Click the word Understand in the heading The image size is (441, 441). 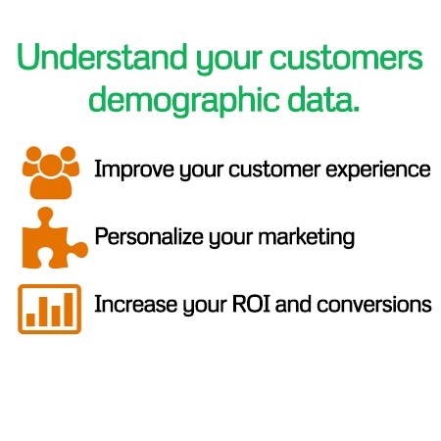click(x=102, y=57)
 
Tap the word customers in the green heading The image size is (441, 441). click(x=346, y=59)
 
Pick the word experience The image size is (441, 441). click(x=378, y=170)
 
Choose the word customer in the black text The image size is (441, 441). click(x=274, y=170)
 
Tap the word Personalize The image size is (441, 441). click(x=149, y=236)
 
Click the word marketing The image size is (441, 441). click(x=307, y=237)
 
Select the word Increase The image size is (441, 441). click(x=135, y=304)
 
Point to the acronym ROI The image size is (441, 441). click(x=251, y=304)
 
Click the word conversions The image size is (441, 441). click(x=374, y=305)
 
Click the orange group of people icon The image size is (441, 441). click(x=51, y=172)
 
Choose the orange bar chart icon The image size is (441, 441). click(x=49, y=309)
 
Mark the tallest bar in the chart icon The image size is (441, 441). click(x=69, y=310)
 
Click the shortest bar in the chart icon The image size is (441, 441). click(x=30, y=319)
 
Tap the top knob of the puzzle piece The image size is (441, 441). click(x=45, y=215)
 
